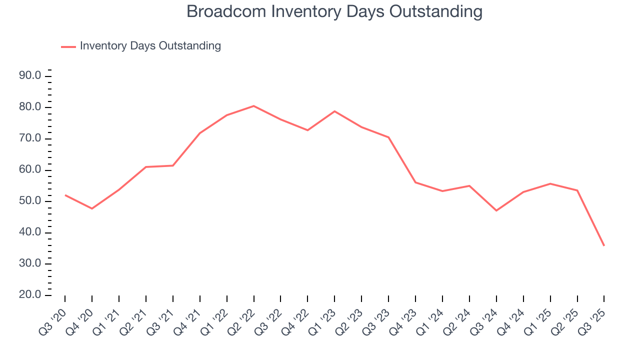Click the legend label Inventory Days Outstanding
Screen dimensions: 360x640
(150, 46)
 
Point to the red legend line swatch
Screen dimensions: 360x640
(68, 46)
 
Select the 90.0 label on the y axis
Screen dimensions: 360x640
(29, 76)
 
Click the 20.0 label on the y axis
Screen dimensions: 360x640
(29, 295)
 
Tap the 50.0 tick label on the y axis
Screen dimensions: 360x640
(29, 201)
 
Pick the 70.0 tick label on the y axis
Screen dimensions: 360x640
(29, 139)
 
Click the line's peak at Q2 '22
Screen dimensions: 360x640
(253, 106)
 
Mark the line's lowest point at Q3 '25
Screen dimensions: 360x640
(604, 245)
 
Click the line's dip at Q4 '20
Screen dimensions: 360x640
(92, 208)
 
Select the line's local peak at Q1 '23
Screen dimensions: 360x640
(334, 111)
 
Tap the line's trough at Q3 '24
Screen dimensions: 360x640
(496, 210)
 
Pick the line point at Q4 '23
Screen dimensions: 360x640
(415, 182)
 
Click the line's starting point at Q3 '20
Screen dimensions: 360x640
(65, 195)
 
